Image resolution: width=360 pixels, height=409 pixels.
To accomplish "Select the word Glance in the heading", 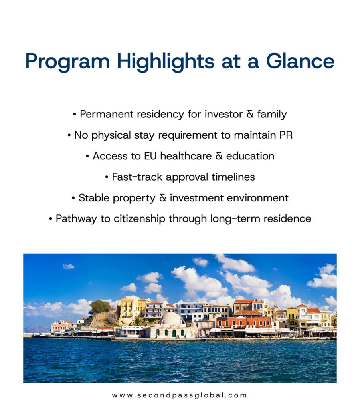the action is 300,61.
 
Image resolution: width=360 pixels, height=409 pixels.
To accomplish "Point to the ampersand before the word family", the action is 250,114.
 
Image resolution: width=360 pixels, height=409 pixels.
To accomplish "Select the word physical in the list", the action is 111,136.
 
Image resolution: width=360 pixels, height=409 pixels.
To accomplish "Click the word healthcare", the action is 186,156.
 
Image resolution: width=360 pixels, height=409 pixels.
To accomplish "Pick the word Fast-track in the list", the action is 137,177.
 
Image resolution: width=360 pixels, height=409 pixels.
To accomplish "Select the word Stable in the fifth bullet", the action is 94,198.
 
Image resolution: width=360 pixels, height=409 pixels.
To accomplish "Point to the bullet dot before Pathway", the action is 51,219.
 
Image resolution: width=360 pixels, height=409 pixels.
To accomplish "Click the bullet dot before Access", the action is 87,156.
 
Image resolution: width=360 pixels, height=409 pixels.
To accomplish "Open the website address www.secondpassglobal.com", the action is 179,395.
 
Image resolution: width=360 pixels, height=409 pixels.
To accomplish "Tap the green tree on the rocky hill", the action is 100,306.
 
